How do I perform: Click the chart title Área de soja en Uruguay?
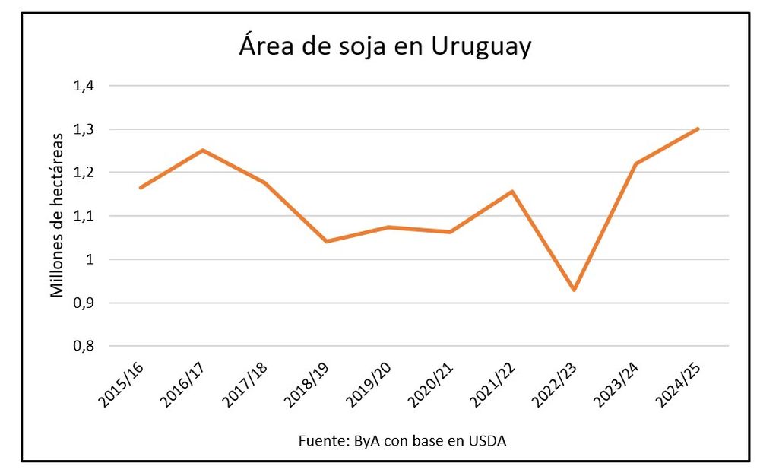(x=385, y=46)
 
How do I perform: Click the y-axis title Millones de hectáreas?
(x=58, y=215)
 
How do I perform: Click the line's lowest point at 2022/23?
(x=574, y=290)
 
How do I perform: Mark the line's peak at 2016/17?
(x=203, y=150)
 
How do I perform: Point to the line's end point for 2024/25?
(x=698, y=129)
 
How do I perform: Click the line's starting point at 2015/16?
(x=141, y=187)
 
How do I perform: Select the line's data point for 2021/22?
(x=512, y=191)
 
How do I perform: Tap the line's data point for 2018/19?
(x=327, y=241)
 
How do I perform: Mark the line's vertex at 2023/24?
(x=636, y=163)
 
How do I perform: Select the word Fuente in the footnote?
(x=321, y=442)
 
